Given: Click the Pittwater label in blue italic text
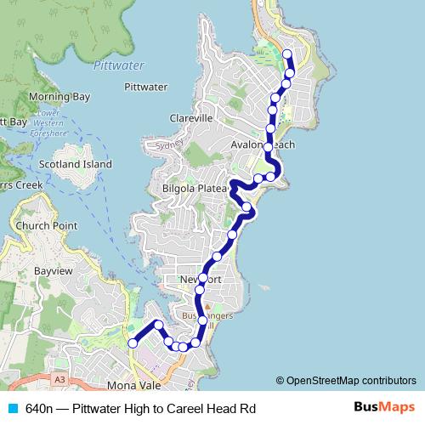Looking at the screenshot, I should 118,65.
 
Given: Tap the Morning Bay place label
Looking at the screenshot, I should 59,97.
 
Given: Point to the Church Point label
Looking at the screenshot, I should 51,226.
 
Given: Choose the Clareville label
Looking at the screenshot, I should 190,118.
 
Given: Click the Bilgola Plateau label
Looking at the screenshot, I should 195,188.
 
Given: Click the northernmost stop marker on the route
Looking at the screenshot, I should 286,55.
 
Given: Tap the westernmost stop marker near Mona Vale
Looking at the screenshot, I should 133,343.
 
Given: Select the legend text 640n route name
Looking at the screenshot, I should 140,409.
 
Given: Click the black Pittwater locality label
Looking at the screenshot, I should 145,87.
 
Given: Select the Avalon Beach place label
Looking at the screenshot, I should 263,145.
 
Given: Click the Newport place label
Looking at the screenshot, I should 201,280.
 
